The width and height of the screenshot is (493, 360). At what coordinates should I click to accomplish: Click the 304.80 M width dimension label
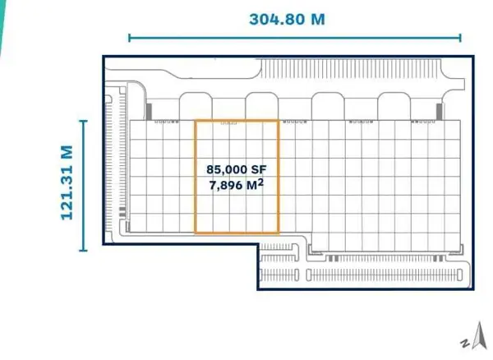click(x=287, y=19)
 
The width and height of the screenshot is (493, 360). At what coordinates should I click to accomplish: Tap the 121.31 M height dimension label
click(x=67, y=182)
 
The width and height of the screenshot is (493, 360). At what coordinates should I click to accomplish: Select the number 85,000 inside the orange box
click(x=227, y=170)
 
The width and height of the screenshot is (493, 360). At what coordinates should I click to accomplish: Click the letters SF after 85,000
click(x=259, y=169)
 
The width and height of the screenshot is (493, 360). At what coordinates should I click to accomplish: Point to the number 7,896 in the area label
click(x=226, y=186)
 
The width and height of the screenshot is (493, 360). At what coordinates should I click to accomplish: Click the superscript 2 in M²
click(x=260, y=182)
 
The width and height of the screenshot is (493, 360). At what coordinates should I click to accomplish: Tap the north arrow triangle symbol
click(x=480, y=336)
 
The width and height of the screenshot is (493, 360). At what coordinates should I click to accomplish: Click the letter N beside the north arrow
click(x=465, y=343)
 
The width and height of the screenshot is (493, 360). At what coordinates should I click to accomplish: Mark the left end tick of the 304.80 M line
click(x=129, y=38)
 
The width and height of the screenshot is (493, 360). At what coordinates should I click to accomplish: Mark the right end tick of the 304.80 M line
click(x=460, y=38)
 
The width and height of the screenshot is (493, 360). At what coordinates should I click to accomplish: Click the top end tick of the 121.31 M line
click(x=83, y=121)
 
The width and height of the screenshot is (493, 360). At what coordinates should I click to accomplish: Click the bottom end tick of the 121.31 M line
click(x=83, y=251)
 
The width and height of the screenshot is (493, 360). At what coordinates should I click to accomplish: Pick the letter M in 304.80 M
click(x=318, y=19)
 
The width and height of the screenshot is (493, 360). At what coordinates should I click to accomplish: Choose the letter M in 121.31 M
click(x=67, y=152)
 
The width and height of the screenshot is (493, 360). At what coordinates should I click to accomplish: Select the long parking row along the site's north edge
click(x=351, y=69)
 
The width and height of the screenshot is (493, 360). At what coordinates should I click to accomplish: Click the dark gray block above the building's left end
click(x=149, y=112)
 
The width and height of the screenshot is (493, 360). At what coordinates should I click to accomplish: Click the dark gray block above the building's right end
click(x=440, y=112)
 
